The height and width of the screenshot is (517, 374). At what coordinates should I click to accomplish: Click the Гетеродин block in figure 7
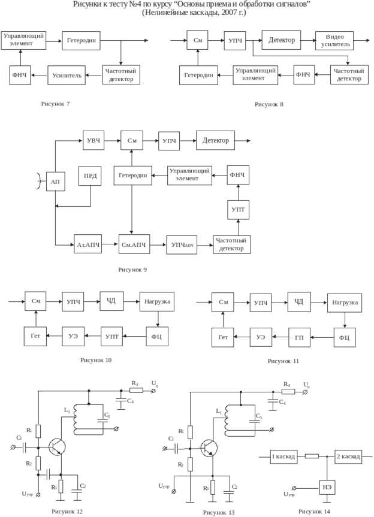(80, 41)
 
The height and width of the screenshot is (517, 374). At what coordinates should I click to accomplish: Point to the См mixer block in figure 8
(197, 41)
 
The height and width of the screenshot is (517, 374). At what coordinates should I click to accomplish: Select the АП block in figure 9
(55, 180)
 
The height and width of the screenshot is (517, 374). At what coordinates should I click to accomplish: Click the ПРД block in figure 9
(89, 177)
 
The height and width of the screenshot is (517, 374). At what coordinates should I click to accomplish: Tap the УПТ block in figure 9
(237, 210)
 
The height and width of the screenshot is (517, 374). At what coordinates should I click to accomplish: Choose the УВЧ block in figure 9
(92, 141)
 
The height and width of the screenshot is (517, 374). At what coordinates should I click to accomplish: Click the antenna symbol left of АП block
(39, 180)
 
